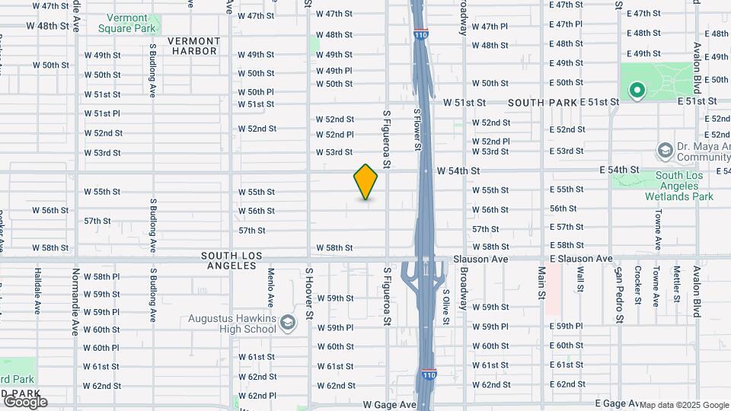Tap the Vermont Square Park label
point(127,23)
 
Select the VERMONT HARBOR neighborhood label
point(193,46)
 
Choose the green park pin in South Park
point(637,92)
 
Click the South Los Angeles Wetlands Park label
point(684,186)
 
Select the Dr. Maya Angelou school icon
point(665,150)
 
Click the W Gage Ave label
point(390,405)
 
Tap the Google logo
point(24,401)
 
